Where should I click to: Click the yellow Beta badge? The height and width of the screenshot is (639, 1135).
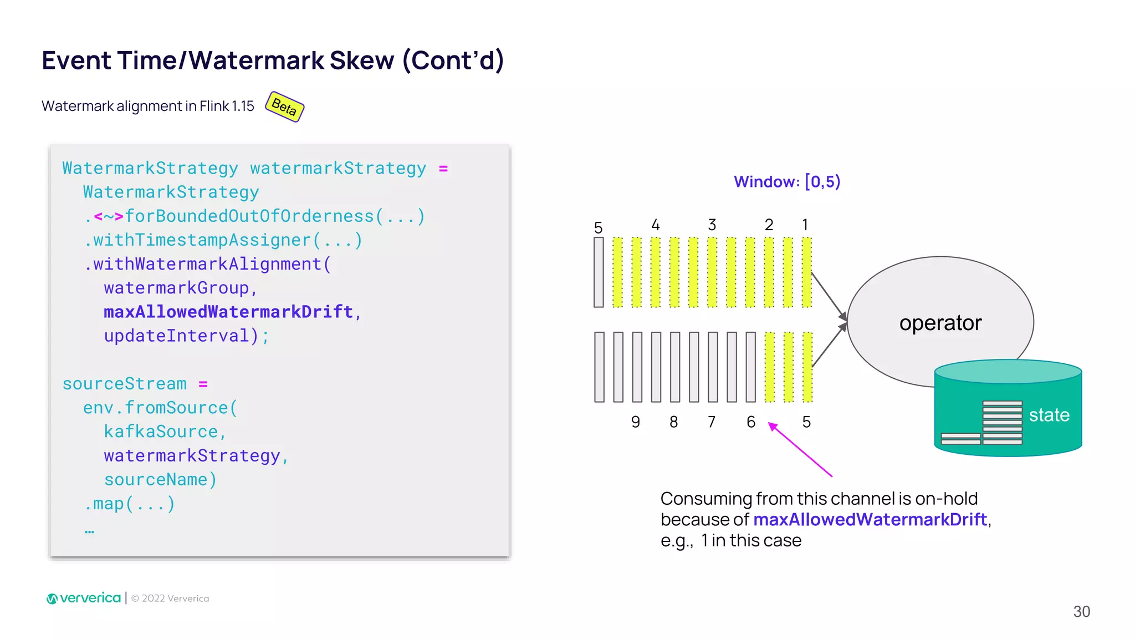pos(284,106)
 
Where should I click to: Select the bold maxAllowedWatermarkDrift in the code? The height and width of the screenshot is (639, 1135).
pos(228,312)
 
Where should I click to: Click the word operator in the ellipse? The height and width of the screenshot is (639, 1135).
pos(940,323)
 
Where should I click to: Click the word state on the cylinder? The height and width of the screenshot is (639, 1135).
pos(1049,415)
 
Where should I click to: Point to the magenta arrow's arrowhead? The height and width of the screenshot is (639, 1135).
pos(771,425)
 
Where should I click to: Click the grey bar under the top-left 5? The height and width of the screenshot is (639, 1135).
pos(599,272)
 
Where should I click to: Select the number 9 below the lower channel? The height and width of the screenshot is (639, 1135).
pos(635,422)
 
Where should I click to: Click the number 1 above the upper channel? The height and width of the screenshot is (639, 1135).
pos(805,225)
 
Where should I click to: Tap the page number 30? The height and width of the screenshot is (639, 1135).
pos(1081,611)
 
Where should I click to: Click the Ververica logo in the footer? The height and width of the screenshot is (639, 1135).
pos(84,598)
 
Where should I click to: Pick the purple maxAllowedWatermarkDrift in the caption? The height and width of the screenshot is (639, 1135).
pos(870,520)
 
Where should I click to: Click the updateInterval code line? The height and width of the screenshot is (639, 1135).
pos(186,336)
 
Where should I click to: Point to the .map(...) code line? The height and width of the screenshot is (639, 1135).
pos(130,504)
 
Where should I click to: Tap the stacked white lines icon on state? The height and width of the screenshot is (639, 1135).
pos(1002,422)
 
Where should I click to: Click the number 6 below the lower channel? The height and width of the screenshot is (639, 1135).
pos(750,422)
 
